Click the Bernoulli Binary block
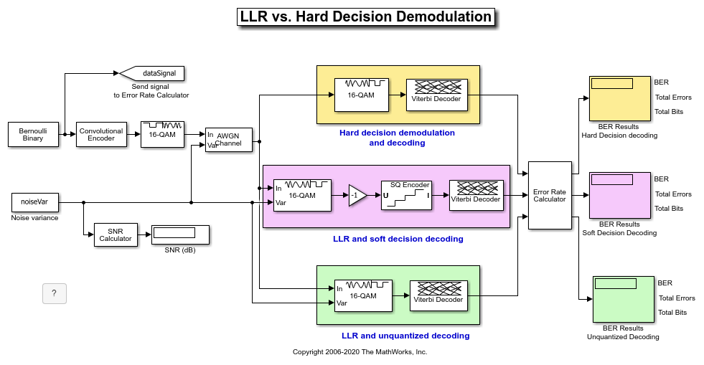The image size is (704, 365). pos(33,135)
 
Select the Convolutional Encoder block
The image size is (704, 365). pos(101,135)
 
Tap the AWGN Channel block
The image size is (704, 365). pos(229,140)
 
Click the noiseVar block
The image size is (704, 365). pos(35,202)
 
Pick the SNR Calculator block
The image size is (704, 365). pos(116,235)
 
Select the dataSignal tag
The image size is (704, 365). pos(151,74)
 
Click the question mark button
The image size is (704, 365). pos(55,294)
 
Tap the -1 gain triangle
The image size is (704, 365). pos(357,196)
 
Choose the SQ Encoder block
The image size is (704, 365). pos(406,196)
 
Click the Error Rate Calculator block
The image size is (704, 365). pos(550,196)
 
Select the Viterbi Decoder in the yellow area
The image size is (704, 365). pos(437,95)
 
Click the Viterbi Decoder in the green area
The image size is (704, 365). pos(438,296)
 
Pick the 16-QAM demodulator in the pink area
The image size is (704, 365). pos(302,196)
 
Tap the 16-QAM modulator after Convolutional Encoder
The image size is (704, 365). pos(162,135)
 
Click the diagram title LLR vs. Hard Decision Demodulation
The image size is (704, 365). pos(366,17)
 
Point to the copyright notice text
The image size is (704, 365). pos(360,352)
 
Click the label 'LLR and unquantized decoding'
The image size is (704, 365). pos(405,336)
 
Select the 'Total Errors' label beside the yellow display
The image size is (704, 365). pos(673,98)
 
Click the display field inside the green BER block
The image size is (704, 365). pos(616,283)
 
